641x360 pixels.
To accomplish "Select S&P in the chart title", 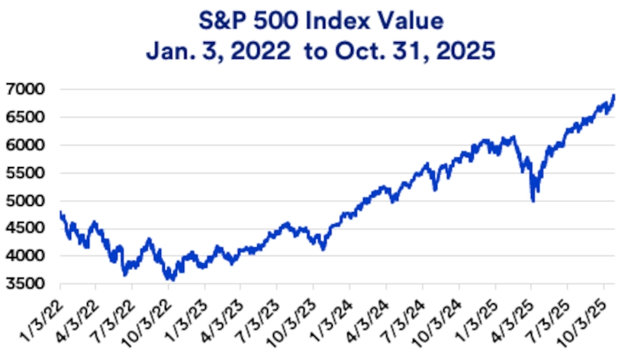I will coord(224,16).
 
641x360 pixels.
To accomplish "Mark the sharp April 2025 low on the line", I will coord(533,201).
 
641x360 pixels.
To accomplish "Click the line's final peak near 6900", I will coord(614,95).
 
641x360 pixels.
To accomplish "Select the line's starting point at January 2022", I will coord(60,212).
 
